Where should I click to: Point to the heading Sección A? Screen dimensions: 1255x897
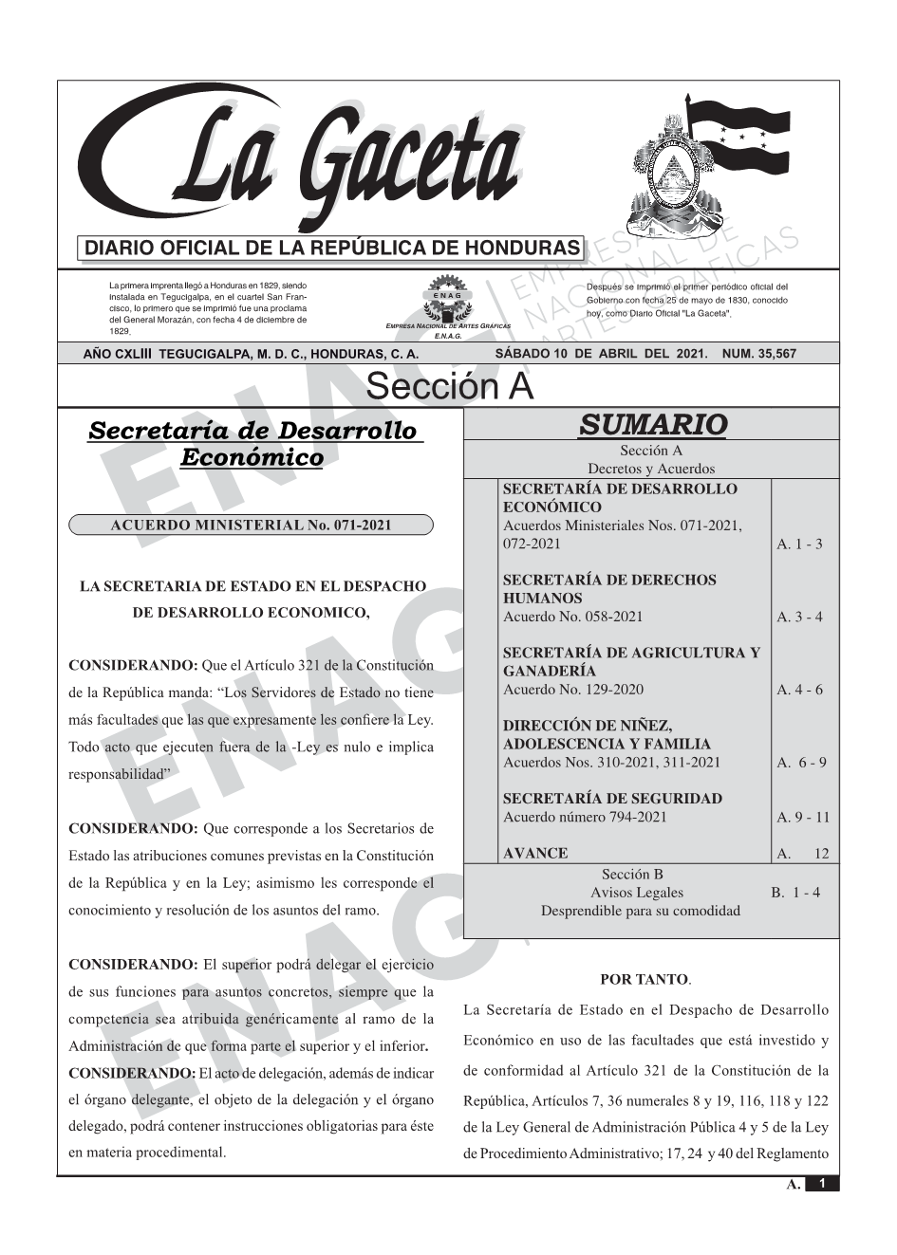(x=449, y=387)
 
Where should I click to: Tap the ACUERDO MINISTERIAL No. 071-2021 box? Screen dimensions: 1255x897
(x=251, y=525)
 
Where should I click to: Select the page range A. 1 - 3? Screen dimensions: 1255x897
(x=799, y=544)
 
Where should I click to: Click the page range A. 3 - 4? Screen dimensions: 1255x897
(x=799, y=618)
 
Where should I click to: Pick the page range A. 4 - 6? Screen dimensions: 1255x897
(x=799, y=690)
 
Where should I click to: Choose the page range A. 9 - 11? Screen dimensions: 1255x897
(x=802, y=817)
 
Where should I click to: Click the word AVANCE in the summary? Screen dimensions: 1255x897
(x=535, y=853)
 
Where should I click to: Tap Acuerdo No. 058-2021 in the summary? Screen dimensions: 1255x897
(x=572, y=618)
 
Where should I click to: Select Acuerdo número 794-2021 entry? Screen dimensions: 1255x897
(x=585, y=817)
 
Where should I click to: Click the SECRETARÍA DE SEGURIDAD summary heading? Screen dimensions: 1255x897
(x=612, y=799)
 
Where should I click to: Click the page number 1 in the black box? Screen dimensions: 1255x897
(x=822, y=1184)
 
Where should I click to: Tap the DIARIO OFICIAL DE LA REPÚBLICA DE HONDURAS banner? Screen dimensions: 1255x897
(x=332, y=249)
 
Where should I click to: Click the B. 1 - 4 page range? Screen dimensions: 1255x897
(x=795, y=893)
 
